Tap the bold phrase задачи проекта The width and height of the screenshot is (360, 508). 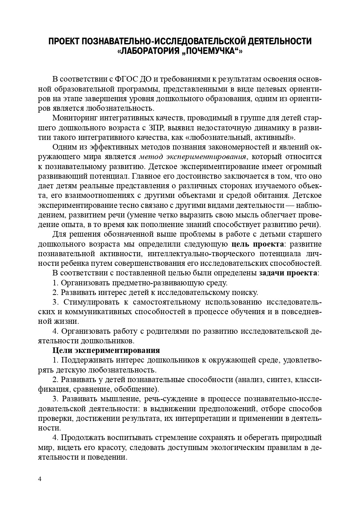click(288, 273)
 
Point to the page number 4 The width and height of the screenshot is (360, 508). click(40, 479)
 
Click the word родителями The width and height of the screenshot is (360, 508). click(169, 331)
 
